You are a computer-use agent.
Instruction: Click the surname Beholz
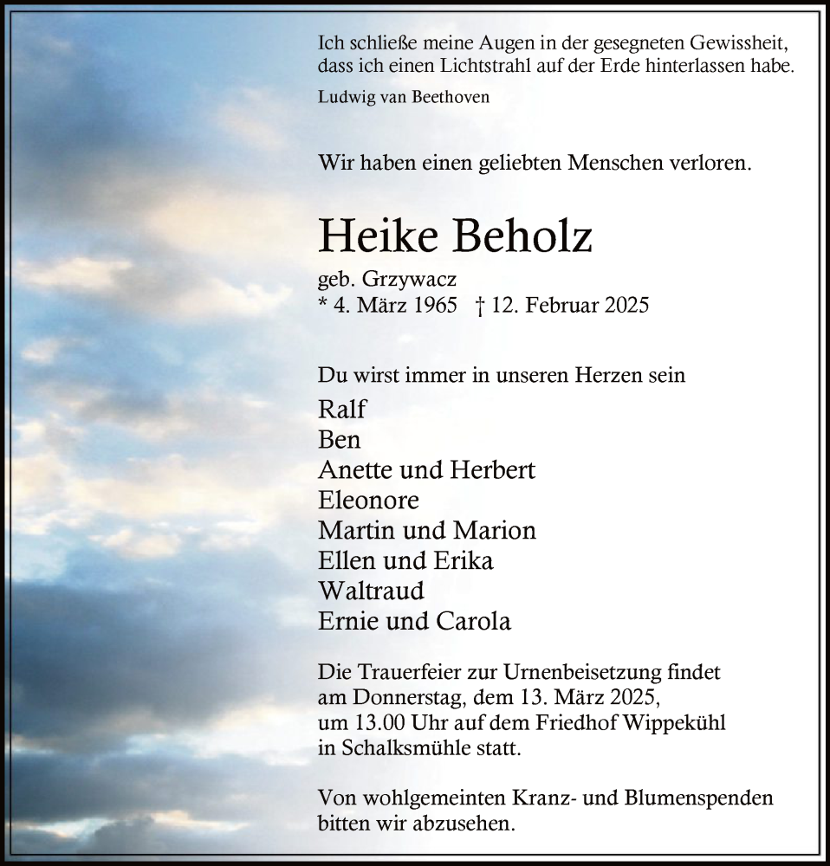tap(523, 236)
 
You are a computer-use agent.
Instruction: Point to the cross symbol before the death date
tap(479, 306)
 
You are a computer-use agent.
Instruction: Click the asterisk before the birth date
tap(323, 304)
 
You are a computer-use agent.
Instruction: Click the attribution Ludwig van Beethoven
tap(404, 97)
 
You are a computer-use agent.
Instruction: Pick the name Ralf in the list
tap(342, 409)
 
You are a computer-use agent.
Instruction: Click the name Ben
tap(340, 439)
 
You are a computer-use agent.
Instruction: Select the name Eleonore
tap(369, 500)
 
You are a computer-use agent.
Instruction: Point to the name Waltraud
tap(371, 591)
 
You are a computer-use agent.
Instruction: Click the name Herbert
tap(492, 469)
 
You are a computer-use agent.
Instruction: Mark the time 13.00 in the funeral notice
tap(376, 722)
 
